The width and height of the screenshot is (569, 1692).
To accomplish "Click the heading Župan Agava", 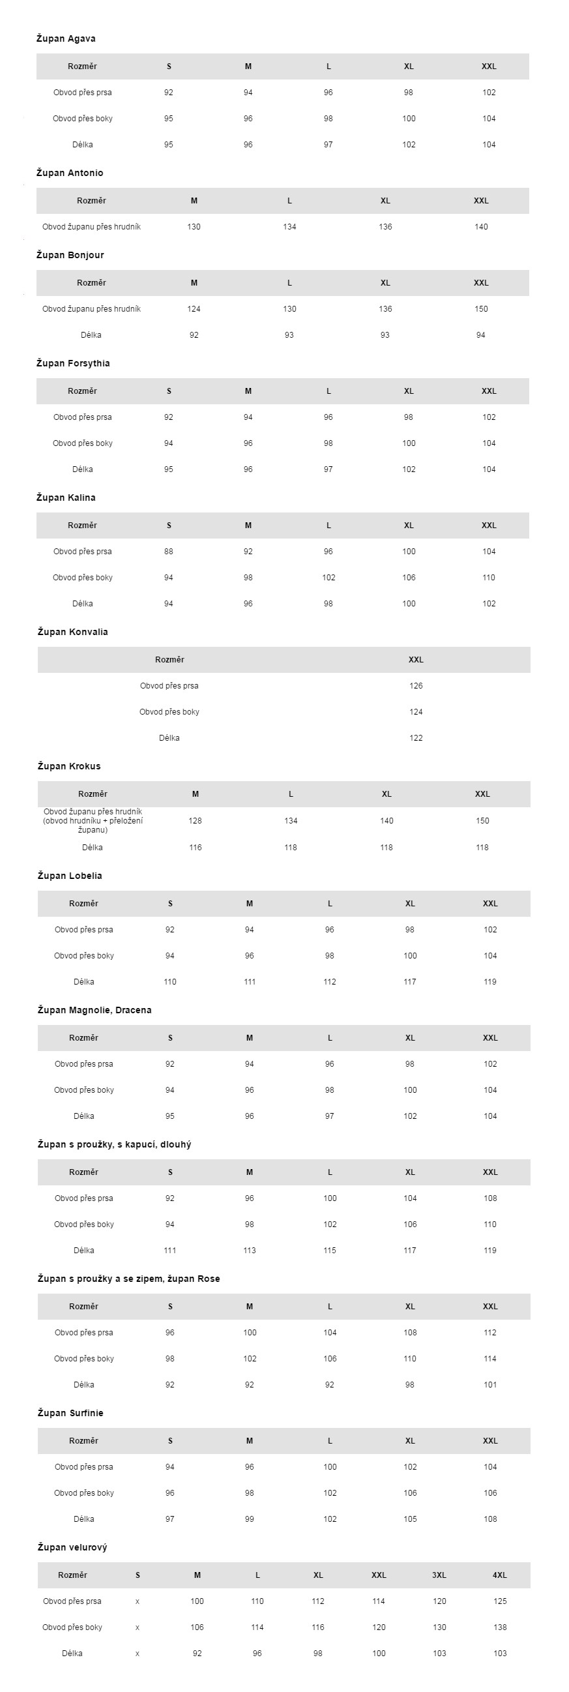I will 66,38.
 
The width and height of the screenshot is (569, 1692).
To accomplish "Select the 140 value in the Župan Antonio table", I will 481,227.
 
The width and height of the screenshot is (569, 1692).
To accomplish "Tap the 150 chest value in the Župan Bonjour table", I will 481,308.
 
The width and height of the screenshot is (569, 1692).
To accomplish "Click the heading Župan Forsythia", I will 73,363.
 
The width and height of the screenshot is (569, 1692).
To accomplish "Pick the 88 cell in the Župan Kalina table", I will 169,552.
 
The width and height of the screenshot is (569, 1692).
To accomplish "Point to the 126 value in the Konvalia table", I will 416,686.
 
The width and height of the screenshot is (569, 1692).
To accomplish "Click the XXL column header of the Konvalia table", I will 416,659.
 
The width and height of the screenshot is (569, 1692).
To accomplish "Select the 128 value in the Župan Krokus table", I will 195,821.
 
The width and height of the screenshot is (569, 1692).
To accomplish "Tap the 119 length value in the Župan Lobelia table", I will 490,982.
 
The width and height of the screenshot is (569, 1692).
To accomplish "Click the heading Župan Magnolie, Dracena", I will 95,1010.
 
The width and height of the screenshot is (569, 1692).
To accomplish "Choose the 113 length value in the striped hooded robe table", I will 250,1251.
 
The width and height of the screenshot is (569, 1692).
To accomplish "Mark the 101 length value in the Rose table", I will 490,1385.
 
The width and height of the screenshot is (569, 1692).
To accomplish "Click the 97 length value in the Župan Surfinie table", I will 170,1519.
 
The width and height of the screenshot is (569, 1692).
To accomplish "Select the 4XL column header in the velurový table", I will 499,1575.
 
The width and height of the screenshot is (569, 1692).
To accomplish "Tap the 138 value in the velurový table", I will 500,1627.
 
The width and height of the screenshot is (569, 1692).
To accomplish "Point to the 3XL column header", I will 439,1575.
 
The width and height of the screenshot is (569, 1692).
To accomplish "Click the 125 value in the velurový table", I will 500,1601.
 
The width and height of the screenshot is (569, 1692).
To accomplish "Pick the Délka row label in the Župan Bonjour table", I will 91,335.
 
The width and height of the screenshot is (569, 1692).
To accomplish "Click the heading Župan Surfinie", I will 70,1413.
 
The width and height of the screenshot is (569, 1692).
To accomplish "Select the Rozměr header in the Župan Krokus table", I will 93,794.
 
